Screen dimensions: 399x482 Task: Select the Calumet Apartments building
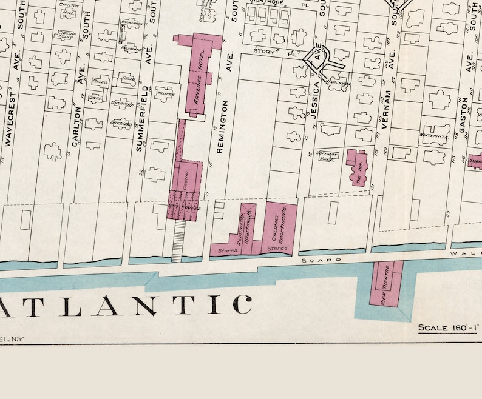coord(280,227)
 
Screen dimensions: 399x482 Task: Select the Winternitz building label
coord(433,135)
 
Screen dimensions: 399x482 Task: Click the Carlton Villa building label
coord(66,35)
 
